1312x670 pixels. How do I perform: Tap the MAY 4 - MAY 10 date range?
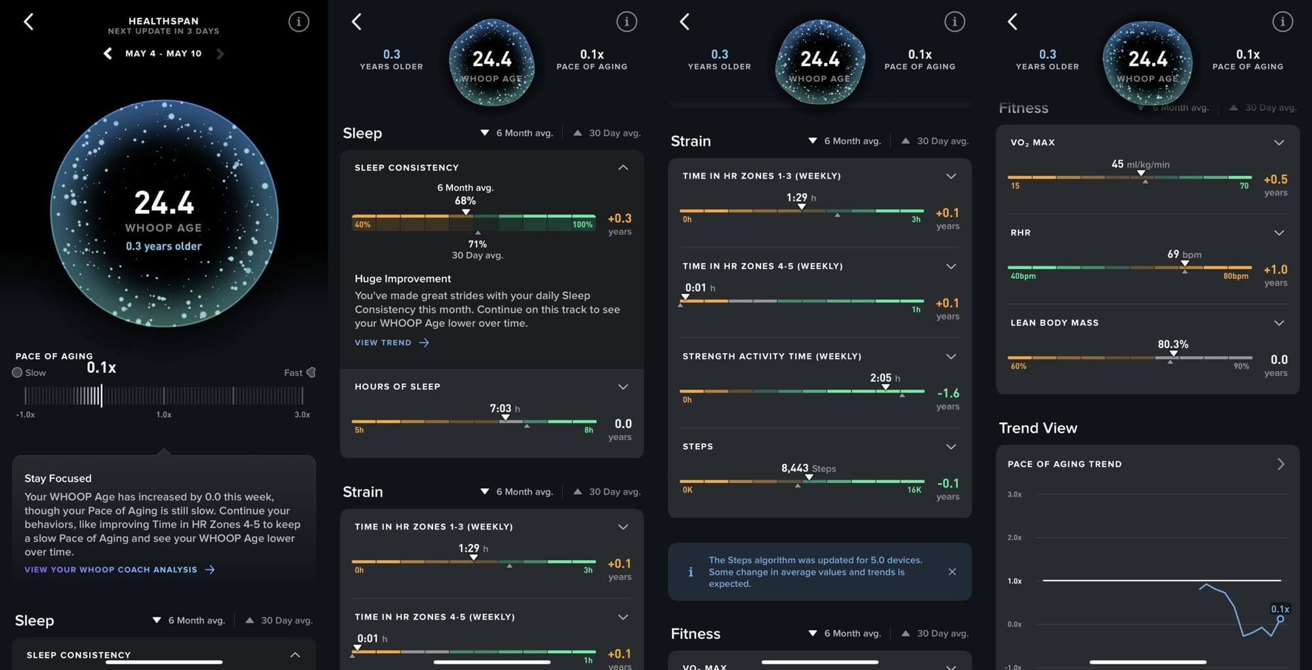tap(163, 54)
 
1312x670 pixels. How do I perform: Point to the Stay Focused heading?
tap(58, 478)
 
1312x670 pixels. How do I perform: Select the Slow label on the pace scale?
tap(35, 373)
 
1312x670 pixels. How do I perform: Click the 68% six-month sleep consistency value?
tap(465, 201)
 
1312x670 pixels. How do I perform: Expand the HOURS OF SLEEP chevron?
tap(623, 387)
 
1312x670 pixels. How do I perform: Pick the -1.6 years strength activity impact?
tap(948, 394)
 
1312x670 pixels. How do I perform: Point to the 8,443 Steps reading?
tap(808, 469)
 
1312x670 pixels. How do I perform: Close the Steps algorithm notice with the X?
tap(952, 572)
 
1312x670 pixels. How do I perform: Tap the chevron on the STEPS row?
tap(951, 446)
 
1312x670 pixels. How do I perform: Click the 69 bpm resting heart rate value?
tap(1184, 254)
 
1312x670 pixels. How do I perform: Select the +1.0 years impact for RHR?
tap(1275, 270)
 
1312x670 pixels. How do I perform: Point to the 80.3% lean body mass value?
tap(1173, 345)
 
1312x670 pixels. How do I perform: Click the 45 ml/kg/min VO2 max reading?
tap(1140, 164)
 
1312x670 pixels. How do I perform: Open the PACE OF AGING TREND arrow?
tap(1281, 464)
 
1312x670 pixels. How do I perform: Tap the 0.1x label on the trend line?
tap(1280, 609)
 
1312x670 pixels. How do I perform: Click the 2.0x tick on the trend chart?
tap(1014, 537)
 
